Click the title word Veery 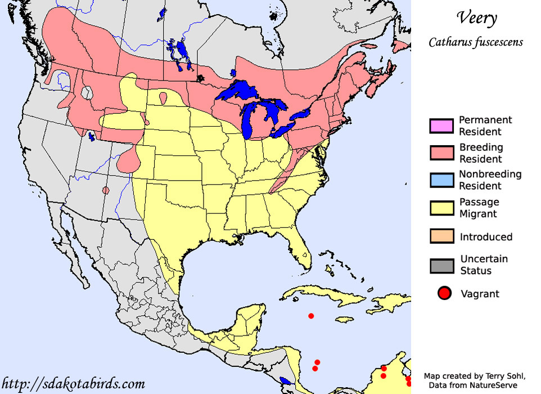pyautogui.click(x=476, y=18)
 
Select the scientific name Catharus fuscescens pyautogui.click(x=476, y=42)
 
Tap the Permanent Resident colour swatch pyautogui.click(x=441, y=126)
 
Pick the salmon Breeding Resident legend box pyautogui.click(x=441, y=153)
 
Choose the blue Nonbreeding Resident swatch pyautogui.click(x=441, y=180)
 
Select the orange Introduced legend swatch pyautogui.click(x=441, y=236)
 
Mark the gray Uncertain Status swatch pyautogui.click(x=441, y=265)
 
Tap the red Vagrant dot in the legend pyautogui.click(x=444, y=293)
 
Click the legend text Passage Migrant pyautogui.click(x=479, y=208)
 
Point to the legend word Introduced pyautogui.click(x=486, y=237)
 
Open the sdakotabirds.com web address pyautogui.click(x=73, y=384)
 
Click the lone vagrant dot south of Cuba pyautogui.click(x=311, y=316)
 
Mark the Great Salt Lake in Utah pyautogui.click(x=91, y=136)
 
